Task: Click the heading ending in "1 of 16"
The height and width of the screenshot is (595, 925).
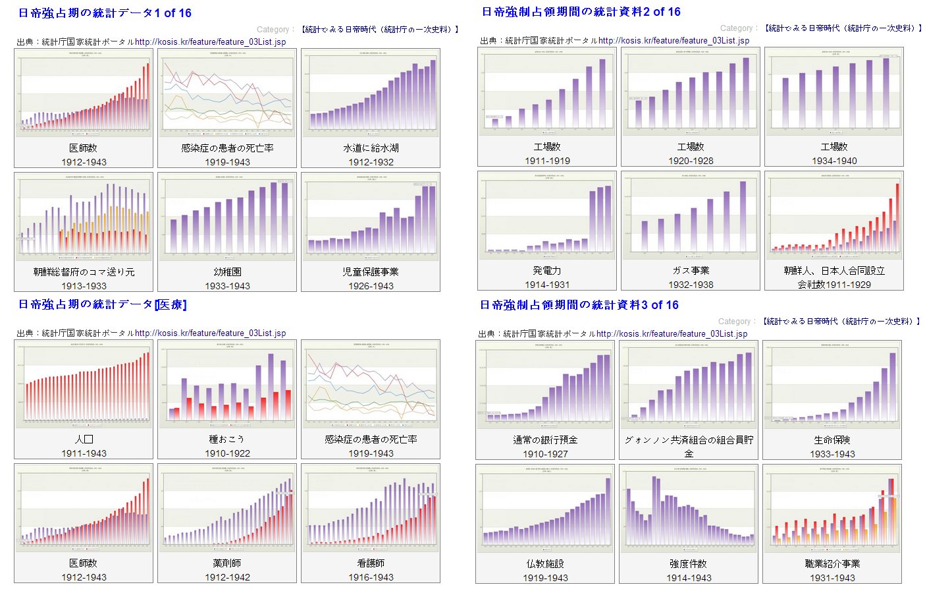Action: tap(105, 13)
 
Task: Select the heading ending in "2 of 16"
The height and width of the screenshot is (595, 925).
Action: tap(581, 12)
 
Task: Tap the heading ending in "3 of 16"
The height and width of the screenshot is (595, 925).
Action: tap(579, 305)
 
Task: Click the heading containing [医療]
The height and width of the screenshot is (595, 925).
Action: tap(102, 304)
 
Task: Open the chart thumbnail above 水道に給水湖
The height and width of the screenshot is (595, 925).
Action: tap(371, 93)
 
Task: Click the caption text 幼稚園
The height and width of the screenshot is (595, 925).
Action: tap(227, 271)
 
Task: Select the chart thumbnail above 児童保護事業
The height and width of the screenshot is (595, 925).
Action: tap(371, 217)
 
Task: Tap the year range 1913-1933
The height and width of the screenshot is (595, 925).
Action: tap(84, 286)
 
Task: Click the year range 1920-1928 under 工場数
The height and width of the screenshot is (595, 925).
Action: tap(691, 161)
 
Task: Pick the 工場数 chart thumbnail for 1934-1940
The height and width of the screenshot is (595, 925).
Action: tap(834, 92)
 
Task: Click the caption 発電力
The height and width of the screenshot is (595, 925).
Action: tap(547, 270)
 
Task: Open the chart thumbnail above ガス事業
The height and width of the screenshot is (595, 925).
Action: tap(691, 215)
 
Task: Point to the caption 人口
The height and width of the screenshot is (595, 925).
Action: tap(84, 439)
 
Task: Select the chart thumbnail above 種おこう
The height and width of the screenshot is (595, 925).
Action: tap(227, 384)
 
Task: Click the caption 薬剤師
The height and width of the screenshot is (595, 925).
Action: tap(227, 563)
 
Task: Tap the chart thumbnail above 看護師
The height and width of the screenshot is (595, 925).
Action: tap(371, 508)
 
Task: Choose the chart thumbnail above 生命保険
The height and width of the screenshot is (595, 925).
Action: tap(832, 385)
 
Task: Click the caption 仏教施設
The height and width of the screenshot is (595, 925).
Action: tap(545, 563)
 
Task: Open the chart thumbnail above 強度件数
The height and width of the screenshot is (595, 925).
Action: tap(689, 509)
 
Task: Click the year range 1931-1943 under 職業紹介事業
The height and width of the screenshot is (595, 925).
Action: tap(832, 578)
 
